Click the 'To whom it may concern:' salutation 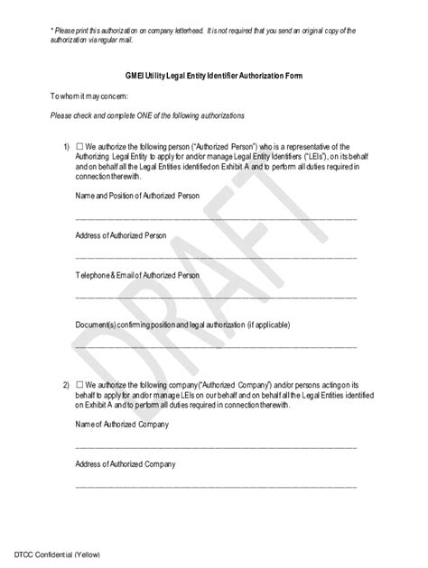tap(91, 96)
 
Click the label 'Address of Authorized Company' tap(125, 463)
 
